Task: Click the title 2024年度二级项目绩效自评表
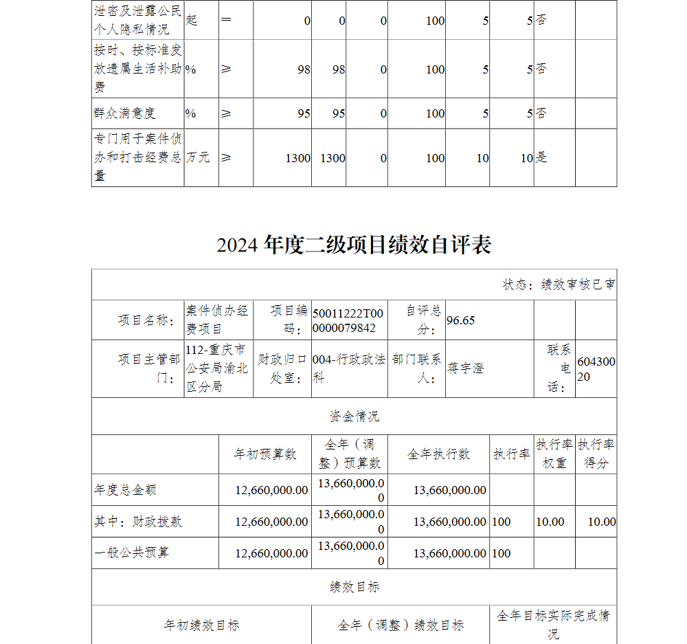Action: [354, 245]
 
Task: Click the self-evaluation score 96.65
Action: [461, 320]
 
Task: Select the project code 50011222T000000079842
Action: [348, 320]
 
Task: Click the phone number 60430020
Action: [596, 368]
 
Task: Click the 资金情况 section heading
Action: [354, 417]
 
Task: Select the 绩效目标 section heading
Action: [354, 587]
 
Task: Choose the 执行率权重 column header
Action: [554, 454]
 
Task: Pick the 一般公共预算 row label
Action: [131, 553]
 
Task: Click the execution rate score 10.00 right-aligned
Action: [601, 522]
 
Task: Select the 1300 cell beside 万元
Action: [298, 158]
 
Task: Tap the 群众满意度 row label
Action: [125, 113]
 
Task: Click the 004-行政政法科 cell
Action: [348, 368]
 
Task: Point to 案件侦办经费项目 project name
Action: [217, 320]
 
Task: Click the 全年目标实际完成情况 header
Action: [553, 625]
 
